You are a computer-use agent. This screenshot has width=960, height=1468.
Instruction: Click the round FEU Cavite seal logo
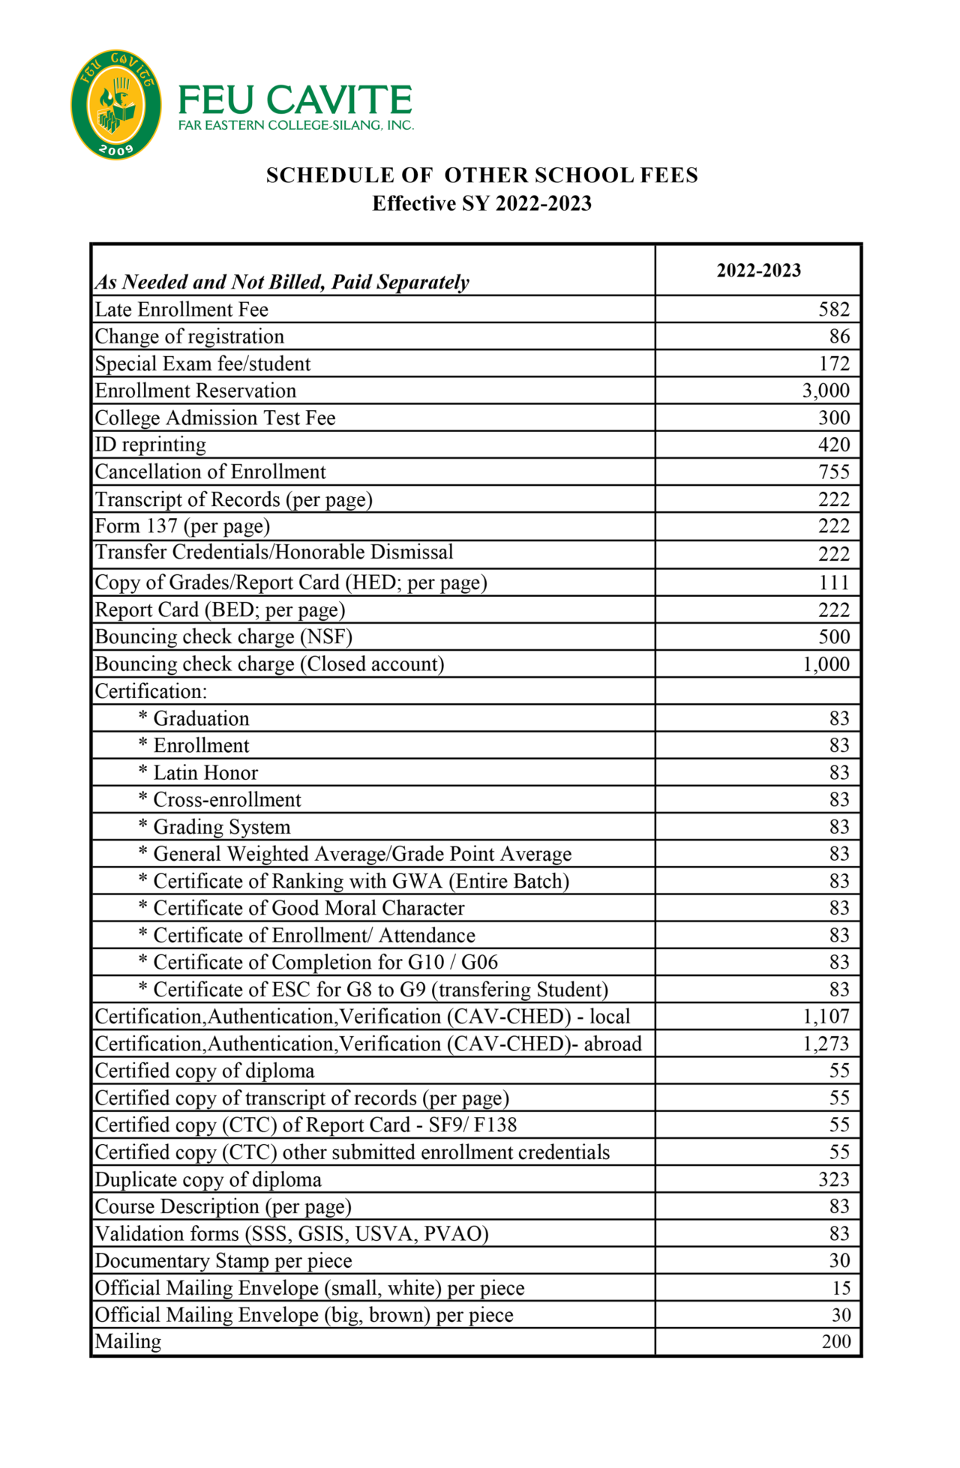click(115, 105)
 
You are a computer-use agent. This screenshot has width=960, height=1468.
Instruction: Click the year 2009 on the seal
click(116, 149)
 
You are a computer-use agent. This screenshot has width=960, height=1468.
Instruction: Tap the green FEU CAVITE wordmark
click(295, 100)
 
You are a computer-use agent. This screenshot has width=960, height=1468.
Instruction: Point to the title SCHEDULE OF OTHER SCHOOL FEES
click(481, 175)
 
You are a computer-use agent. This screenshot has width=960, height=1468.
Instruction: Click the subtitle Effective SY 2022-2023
click(481, 204)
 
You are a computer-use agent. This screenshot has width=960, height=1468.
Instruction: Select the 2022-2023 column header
click(758, 271)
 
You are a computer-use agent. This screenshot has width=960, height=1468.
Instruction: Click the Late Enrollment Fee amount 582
click(833, 310)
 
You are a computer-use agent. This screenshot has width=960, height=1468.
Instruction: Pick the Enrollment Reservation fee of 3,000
click(825, 391)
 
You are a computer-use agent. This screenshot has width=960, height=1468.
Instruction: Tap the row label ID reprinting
click(150, 445)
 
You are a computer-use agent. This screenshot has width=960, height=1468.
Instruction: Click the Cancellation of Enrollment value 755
click(833, 472)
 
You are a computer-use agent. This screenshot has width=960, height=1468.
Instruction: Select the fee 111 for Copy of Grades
click(833, 583)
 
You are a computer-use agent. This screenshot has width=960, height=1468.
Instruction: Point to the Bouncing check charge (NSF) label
click(223, 637)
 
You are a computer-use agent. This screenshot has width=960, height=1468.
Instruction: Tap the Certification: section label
click(150, 691)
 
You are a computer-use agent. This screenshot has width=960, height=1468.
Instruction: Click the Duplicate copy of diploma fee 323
click(833, 1179)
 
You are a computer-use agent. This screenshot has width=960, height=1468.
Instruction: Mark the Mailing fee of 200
click(835, 1341)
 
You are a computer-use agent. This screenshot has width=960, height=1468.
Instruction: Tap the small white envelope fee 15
click(841, 1288)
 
